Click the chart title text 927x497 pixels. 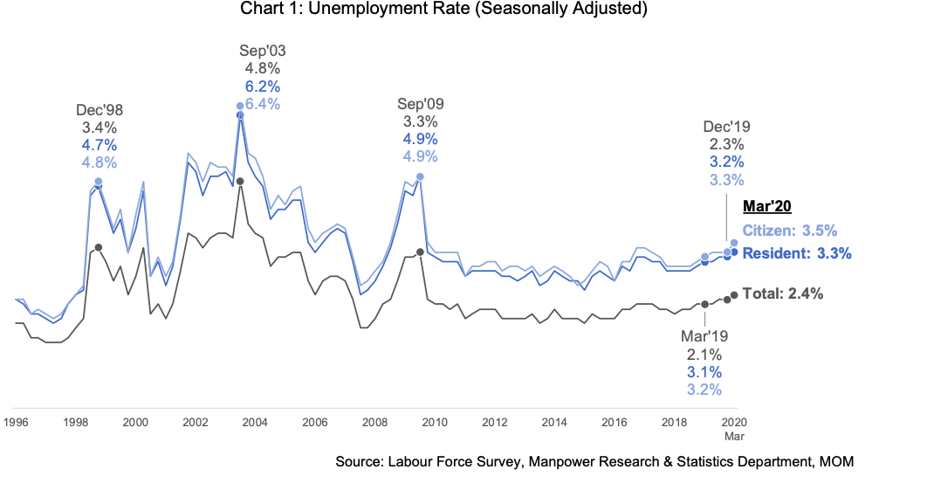click(x=443, y=11)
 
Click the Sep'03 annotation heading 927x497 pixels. click(x=263, y=51)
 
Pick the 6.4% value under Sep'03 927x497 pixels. click(x=263, y=104)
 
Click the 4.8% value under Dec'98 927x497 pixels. click(x=99, y=162)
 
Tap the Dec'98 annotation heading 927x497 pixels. click(x=99, y=110)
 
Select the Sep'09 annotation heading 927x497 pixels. click(x=421, y=104)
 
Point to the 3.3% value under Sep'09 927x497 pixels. click(x=421, y=121)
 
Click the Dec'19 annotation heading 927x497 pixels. click(x=727, y=127)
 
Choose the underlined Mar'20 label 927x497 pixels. click(x=766, y=206)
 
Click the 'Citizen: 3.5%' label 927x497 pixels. click(x=790, y=231)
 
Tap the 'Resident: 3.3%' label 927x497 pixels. click(x=797, y=253)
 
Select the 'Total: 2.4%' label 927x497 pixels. click(x=783, y=294)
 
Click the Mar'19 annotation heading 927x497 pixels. click(x=704, y=336)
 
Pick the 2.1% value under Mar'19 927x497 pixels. click(x=704, y=354)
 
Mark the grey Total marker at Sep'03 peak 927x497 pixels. click(x=240, y=181)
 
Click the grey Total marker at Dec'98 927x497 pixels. click(x=98, y=247)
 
